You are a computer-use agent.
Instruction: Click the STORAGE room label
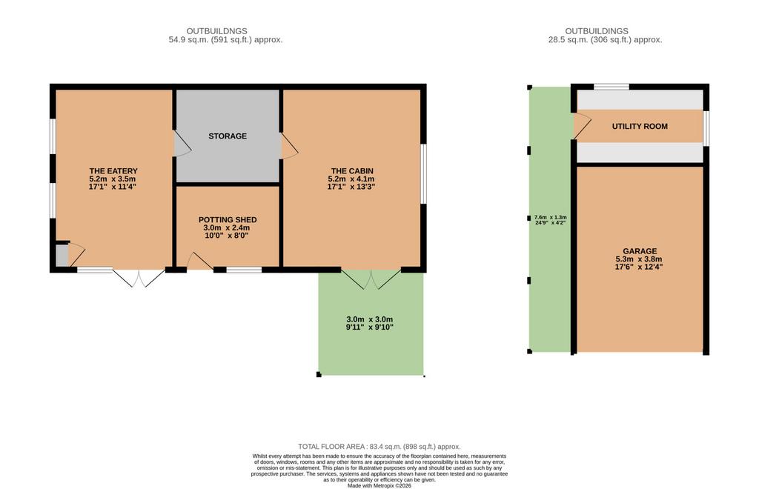point(228,136)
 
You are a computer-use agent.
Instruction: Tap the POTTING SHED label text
point(228,219)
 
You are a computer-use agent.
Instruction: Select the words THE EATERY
point(113,170)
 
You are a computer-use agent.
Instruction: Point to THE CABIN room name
point(352,170)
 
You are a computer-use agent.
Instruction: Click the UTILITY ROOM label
point(640,126)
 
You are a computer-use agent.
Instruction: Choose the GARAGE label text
point(640,251)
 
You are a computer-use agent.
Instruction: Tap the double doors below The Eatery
point(139,278)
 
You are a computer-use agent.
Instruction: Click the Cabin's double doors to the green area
point(371,279)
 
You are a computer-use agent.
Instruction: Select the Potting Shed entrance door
point(199,262)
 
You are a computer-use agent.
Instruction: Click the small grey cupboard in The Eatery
point(62,256)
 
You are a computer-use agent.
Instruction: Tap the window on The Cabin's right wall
point(423,173)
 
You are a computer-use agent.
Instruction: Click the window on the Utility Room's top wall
point(611,87)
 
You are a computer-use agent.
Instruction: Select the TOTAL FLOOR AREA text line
point(379,447)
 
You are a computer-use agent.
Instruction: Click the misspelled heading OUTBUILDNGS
point(217,31)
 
